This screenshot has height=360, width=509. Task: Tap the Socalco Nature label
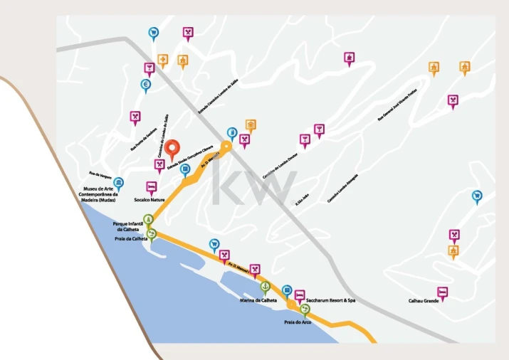[x=149, y=201]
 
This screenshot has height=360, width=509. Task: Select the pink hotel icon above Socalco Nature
[x=151, y=188]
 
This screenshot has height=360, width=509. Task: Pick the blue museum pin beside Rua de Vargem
[x=119, y=184]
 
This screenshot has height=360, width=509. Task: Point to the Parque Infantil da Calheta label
[x=130, y=226]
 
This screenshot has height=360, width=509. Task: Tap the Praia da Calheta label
[x=131, y=238]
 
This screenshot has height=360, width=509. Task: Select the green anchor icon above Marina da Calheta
[x=265, y=287]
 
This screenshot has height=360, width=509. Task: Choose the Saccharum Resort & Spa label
[x=330, y=300]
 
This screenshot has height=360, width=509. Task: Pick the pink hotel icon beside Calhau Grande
[x=442, y=292]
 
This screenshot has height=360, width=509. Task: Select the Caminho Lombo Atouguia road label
[x=342, y=189]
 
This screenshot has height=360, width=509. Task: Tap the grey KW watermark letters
[x=253, y=183]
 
